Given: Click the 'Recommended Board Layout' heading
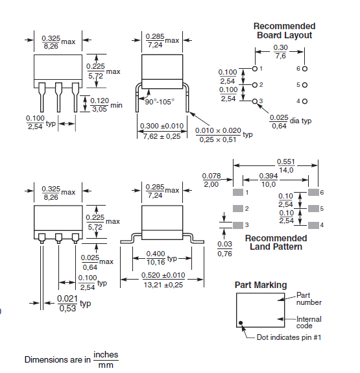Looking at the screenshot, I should tap(284, 30).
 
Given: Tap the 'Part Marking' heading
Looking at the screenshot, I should tap(260, 285).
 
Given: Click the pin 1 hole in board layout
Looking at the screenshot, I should tap(254, 68).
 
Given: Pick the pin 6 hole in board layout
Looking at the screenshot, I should tap(304, 68).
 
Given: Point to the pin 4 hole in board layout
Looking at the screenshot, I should tap(304, 101).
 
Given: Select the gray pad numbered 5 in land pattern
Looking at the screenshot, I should tap(313, 208).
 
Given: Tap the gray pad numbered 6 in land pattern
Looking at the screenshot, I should tap(313, 193).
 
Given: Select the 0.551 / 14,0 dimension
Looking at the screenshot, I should tap(285, 165).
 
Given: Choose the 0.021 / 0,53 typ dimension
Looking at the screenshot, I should tap(68, 303).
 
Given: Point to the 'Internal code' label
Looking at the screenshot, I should tap(309, 322).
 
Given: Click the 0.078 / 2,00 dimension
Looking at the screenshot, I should tap(211, 180).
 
